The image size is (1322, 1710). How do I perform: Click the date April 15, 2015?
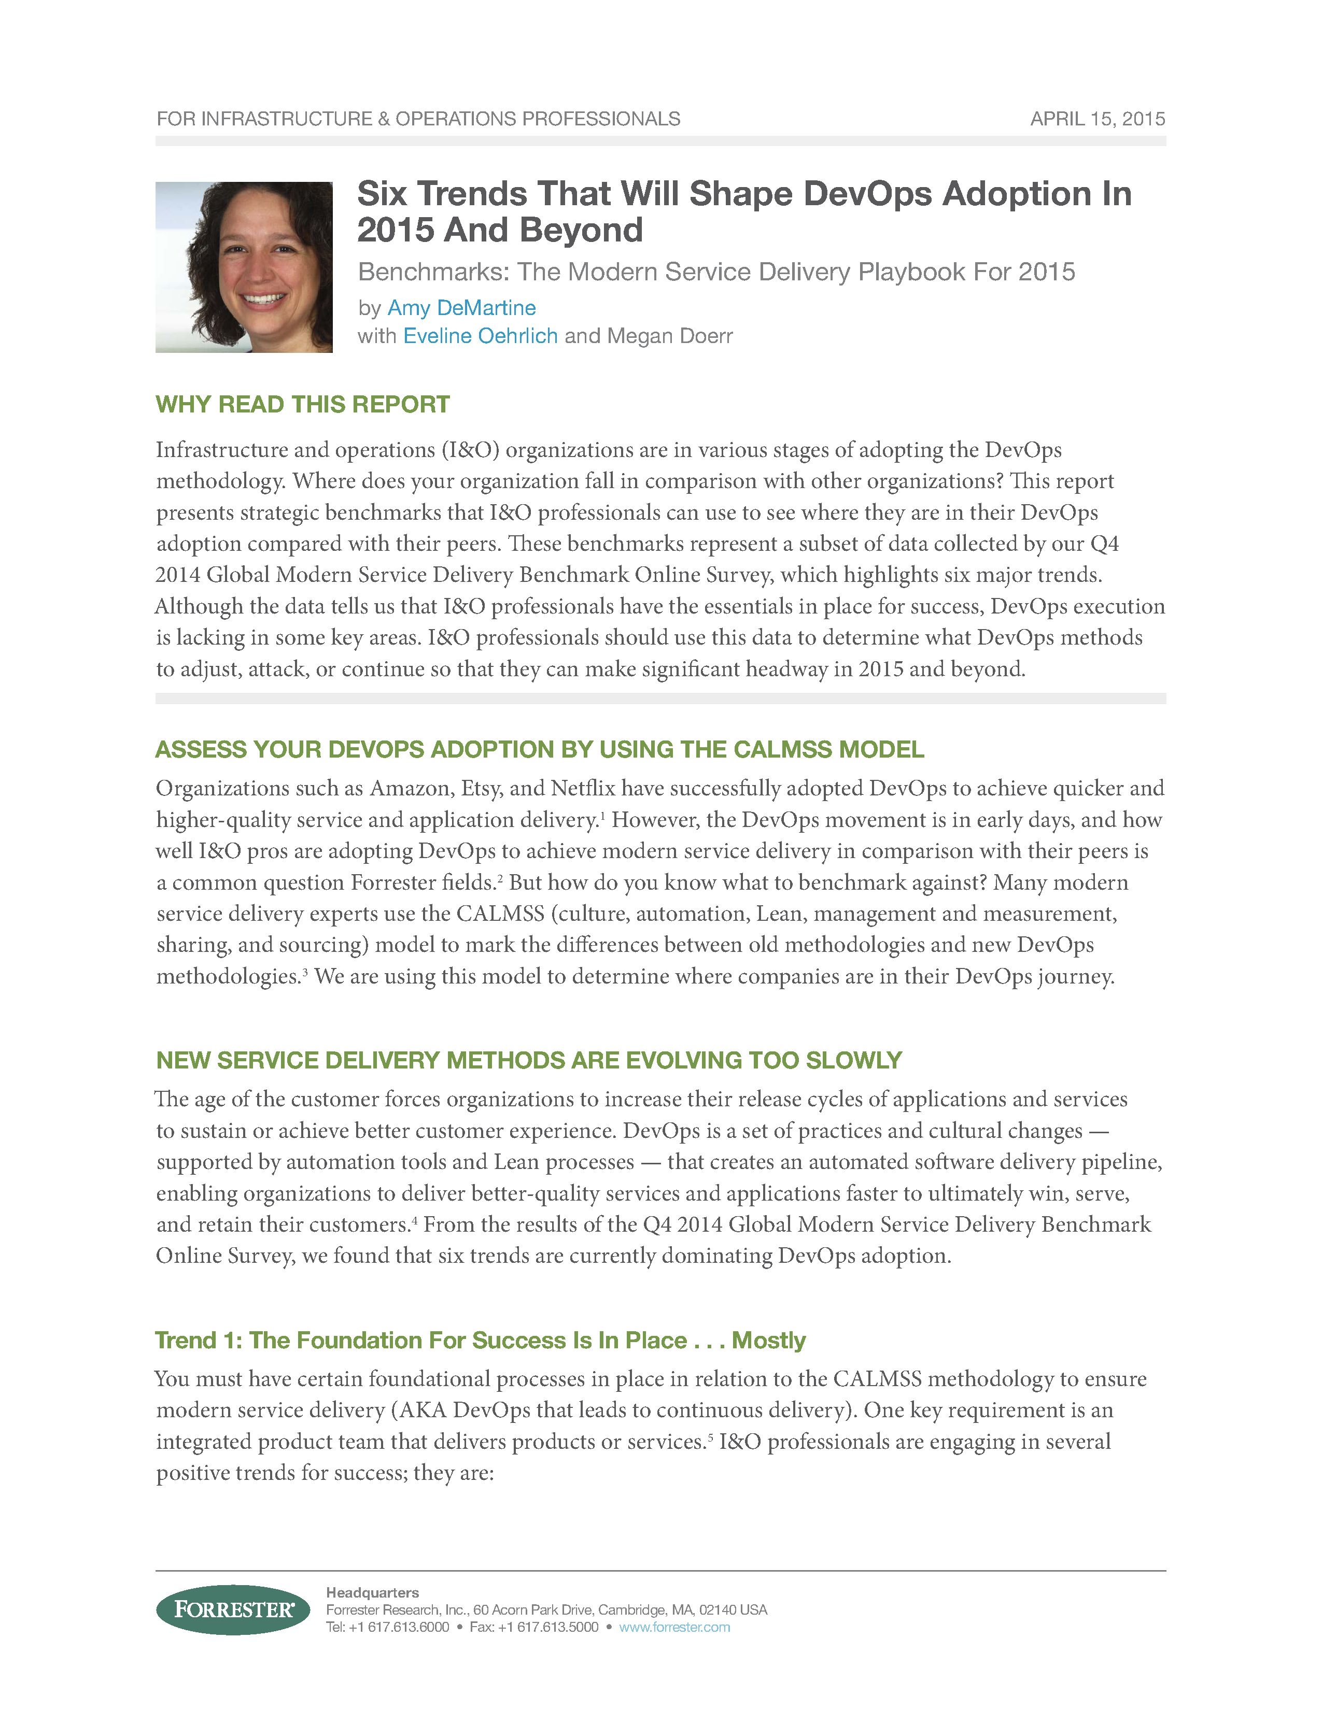click(1097, 119)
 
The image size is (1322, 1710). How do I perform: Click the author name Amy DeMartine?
click(461, 308)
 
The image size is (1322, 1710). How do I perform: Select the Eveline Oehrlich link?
click(480, 336)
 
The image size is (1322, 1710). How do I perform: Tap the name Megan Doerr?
click(670, 336)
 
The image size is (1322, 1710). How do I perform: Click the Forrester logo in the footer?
click(233, 1610)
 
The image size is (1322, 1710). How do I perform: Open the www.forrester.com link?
click(674, 1627)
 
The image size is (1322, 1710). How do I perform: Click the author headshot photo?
click(244, 267)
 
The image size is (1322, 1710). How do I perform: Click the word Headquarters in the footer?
click(372, 1592)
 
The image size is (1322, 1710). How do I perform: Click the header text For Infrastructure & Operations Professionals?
click(418, 119)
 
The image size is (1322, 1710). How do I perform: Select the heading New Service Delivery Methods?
click(529, 1060)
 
